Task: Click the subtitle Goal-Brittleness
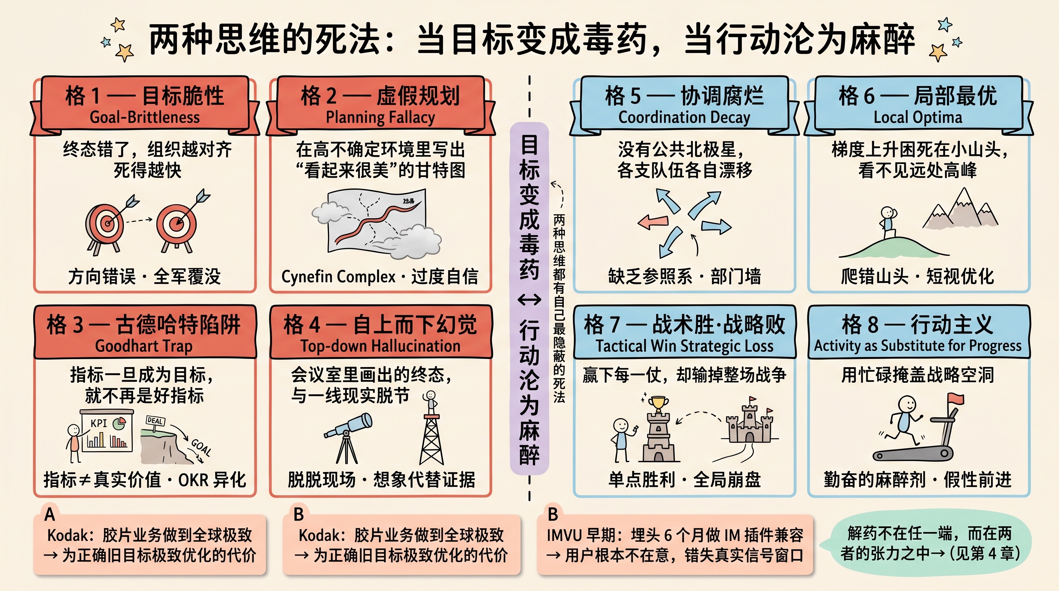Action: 145,117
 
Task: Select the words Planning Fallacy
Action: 380,117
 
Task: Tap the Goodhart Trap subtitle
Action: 144,346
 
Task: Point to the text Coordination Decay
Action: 684,117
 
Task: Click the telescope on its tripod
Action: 348,437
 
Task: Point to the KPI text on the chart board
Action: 99,423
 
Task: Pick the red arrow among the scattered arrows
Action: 652,222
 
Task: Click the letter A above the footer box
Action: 50,514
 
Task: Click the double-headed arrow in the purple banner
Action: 529,301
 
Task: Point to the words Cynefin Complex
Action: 338,277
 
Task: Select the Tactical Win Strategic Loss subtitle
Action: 685,346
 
